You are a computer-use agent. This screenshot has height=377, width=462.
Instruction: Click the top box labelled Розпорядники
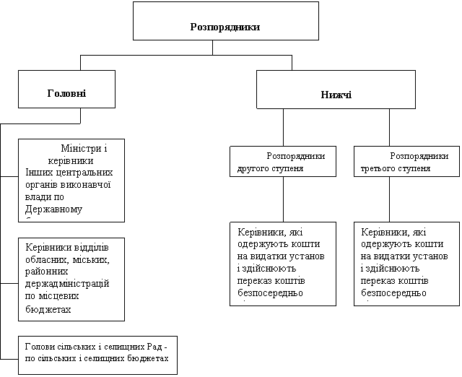(225, 21)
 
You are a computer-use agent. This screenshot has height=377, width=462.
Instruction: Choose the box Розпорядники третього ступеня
(404, 161)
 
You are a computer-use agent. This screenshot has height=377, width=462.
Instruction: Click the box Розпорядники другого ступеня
(283, 161)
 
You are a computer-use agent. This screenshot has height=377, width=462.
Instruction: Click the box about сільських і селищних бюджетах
(97, 353)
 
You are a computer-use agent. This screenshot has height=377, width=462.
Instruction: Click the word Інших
(38, 173)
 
